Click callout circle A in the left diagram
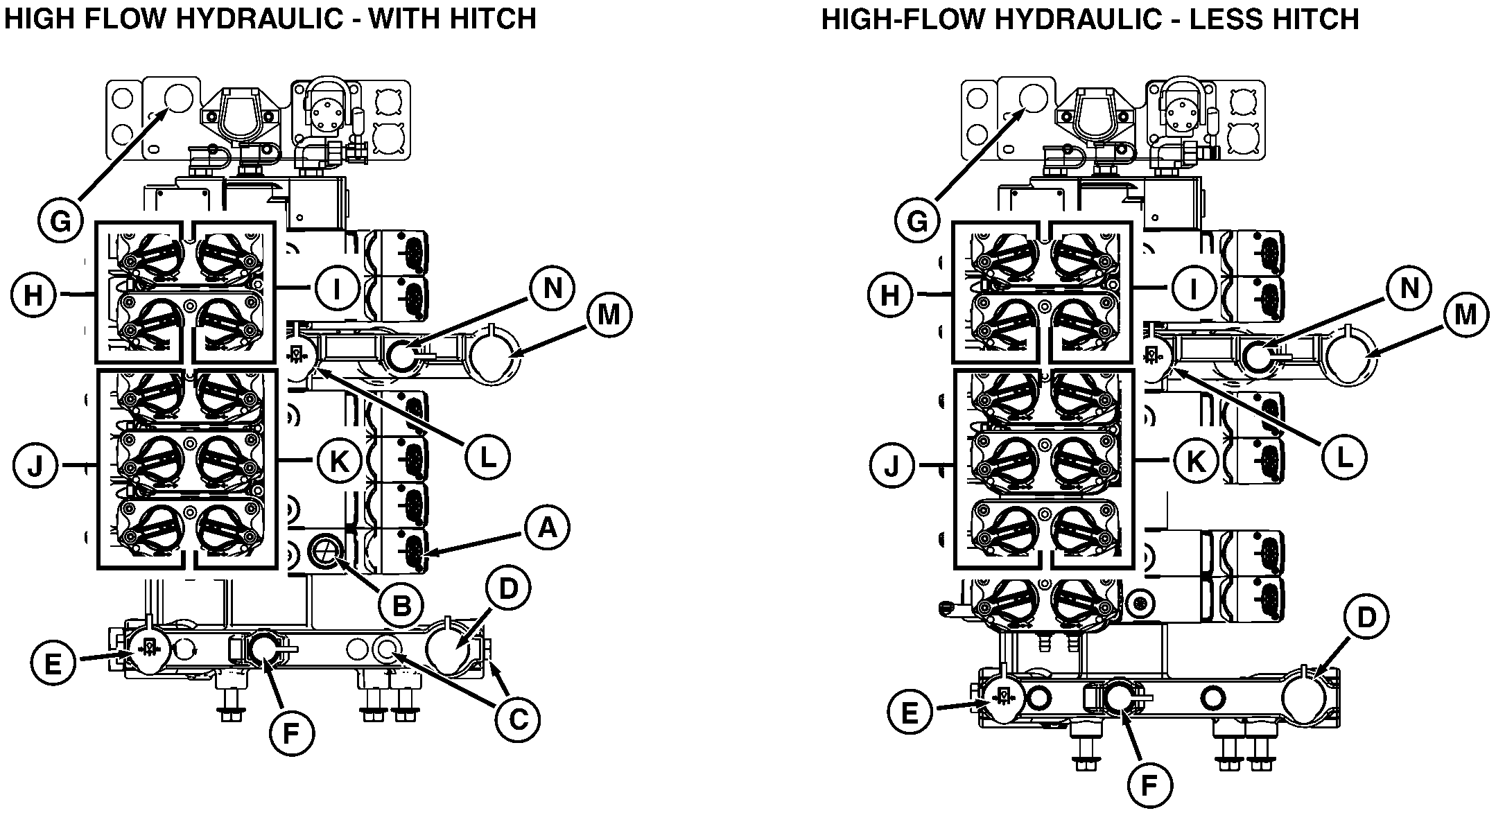tap(547, 529)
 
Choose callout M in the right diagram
tap(1465, 315)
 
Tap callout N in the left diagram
tap(553, 288)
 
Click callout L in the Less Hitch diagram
tap(1344, 456)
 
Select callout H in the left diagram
tap(33, 296)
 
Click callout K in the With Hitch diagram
tap(338, 461)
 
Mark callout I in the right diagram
tap(1194, 288)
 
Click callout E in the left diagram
tap(53, 664)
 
